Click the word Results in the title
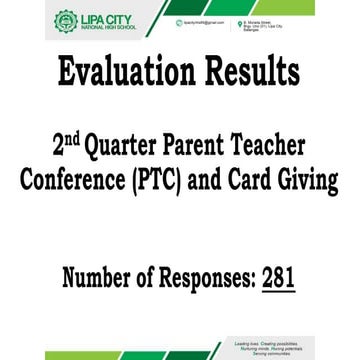coord(250,72)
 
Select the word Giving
coord(316,177)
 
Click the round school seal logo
coord(64,20)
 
